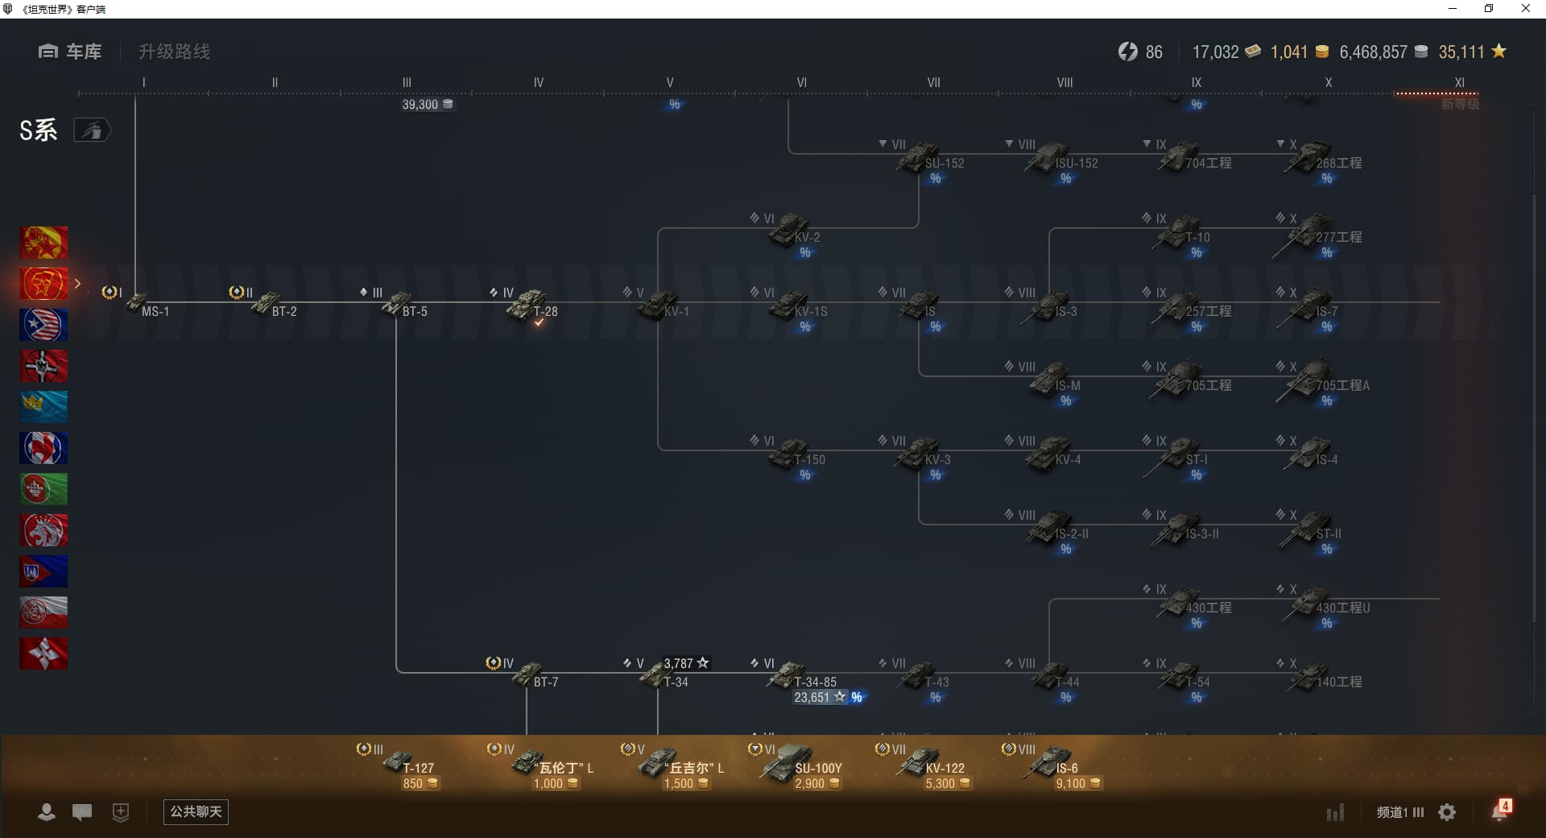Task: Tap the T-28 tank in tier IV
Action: [530, 305]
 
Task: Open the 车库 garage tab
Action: [70, 52]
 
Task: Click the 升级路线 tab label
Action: [174, 52]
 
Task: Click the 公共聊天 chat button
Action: [196, 811]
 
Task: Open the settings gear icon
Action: [1447, 812]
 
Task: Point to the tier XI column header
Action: [1459, 82]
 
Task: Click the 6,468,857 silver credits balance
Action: [1373, 52]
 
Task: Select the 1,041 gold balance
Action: [1289, 52]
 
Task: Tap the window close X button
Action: [1525, 9]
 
